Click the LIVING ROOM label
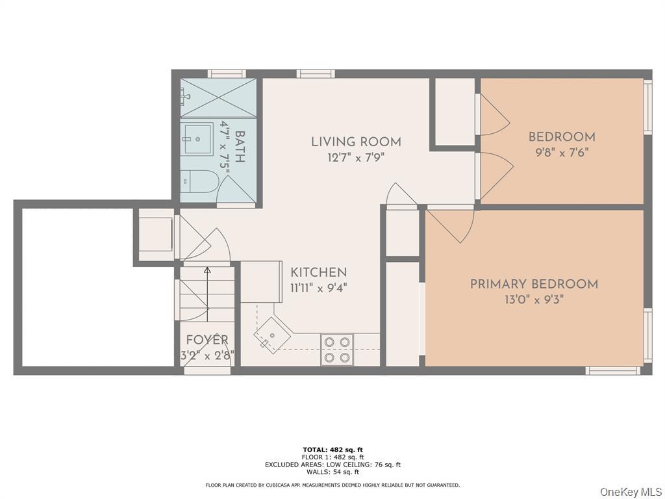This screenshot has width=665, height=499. coord(356,142)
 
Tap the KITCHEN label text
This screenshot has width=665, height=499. coord(318,273)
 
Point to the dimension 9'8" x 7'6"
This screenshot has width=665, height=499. coord(562,153)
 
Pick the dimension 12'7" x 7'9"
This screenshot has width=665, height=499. coord(356,157)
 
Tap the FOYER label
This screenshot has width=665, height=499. coord(207,340)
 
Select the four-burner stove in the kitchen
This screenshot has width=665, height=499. coord(337,349)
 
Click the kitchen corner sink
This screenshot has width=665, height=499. coord(268,337)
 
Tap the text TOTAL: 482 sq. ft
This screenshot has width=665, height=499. coord(332,450)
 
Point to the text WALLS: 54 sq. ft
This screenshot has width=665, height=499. coord(332,472)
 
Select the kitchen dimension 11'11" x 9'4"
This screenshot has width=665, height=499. coord(318,288)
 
